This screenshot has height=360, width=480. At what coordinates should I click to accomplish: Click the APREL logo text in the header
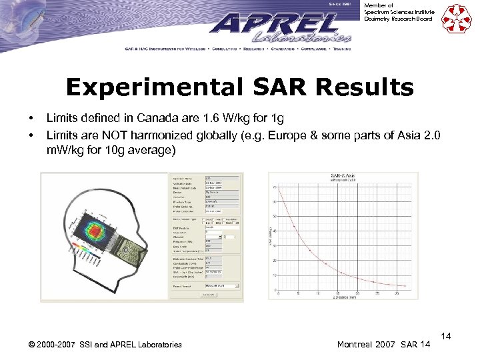(273, 27)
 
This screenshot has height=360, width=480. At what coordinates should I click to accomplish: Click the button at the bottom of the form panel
(209, 294)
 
